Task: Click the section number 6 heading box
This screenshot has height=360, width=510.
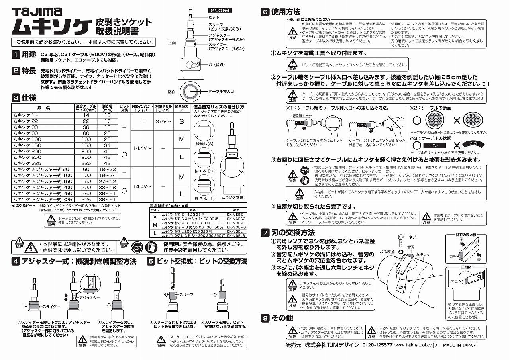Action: tap(265, 12)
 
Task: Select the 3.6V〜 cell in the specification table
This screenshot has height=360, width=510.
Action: tap(165, 121)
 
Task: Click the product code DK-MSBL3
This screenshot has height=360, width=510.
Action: tap(235, 235)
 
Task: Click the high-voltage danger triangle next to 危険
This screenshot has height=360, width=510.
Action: tap(30, 248)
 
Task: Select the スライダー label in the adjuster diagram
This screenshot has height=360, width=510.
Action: tap(50, 307)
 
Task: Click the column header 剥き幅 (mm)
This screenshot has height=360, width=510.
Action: tap(107, 108)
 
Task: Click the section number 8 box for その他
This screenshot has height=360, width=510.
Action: tap(265, 318)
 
